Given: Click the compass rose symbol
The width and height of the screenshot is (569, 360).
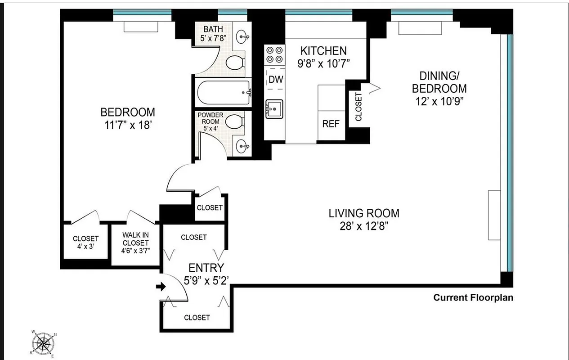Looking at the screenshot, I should point(44,343).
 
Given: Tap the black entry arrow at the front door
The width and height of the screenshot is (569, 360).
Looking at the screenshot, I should point(161,287).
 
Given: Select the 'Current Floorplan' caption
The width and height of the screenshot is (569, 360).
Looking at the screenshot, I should point(473,297).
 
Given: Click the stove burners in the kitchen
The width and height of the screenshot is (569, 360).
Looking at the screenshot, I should point(275,54).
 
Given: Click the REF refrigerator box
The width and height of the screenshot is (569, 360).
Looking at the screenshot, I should point(331,123).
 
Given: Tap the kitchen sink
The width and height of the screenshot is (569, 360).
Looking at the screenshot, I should point(274,108).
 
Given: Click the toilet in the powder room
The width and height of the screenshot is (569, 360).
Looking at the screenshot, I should point(234,121).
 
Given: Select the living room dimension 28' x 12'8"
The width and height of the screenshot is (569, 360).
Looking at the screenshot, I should point(364,225).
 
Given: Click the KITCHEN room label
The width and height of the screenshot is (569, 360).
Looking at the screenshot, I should point(323,51).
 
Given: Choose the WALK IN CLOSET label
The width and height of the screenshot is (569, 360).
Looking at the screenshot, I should point(135,239).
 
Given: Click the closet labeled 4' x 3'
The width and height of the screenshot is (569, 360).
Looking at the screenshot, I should point(85,243).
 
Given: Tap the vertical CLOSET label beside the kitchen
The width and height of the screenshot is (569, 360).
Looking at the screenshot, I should point(358,107).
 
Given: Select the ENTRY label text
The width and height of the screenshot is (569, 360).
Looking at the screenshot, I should point(206,268).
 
